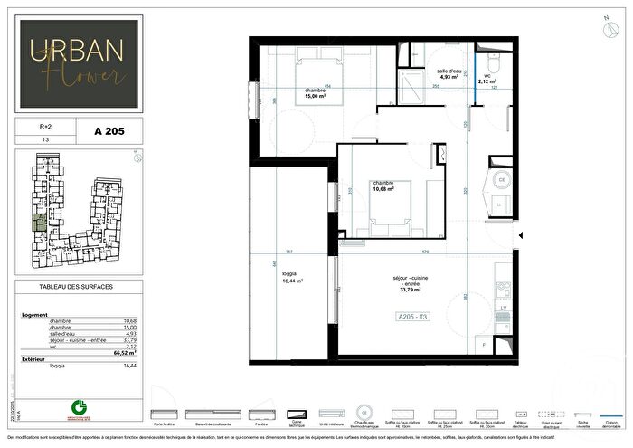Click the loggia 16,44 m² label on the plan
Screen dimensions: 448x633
click(x=292, y=279)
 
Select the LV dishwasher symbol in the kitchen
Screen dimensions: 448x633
click(x=504, y=309)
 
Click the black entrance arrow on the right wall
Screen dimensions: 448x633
click(x=519, y=237)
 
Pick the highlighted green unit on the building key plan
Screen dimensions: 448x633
click(x=39, y=223)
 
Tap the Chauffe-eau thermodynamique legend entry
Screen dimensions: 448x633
click(x=364, y=423)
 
